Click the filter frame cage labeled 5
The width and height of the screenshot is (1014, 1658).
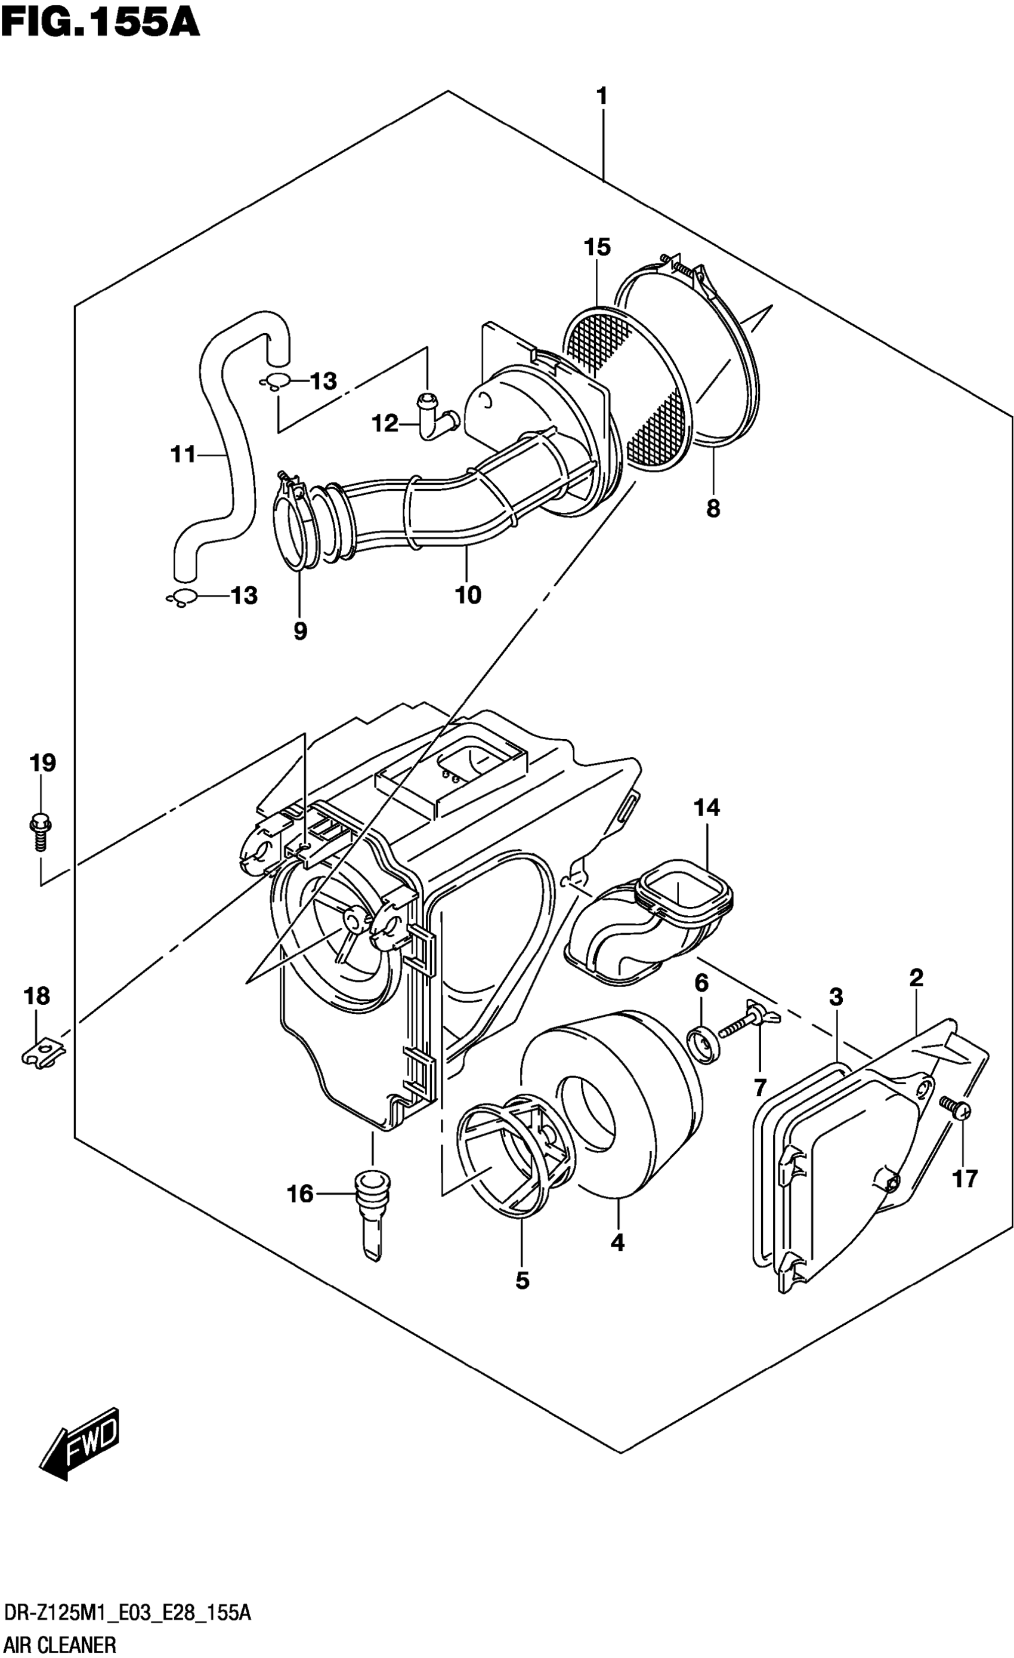coord(514,1156)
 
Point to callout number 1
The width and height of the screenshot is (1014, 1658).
coord(602,97)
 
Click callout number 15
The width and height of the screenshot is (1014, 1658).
coord(596,247)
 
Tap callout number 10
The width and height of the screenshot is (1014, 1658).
coord(468,595)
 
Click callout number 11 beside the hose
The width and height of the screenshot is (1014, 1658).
coord(183,455)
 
